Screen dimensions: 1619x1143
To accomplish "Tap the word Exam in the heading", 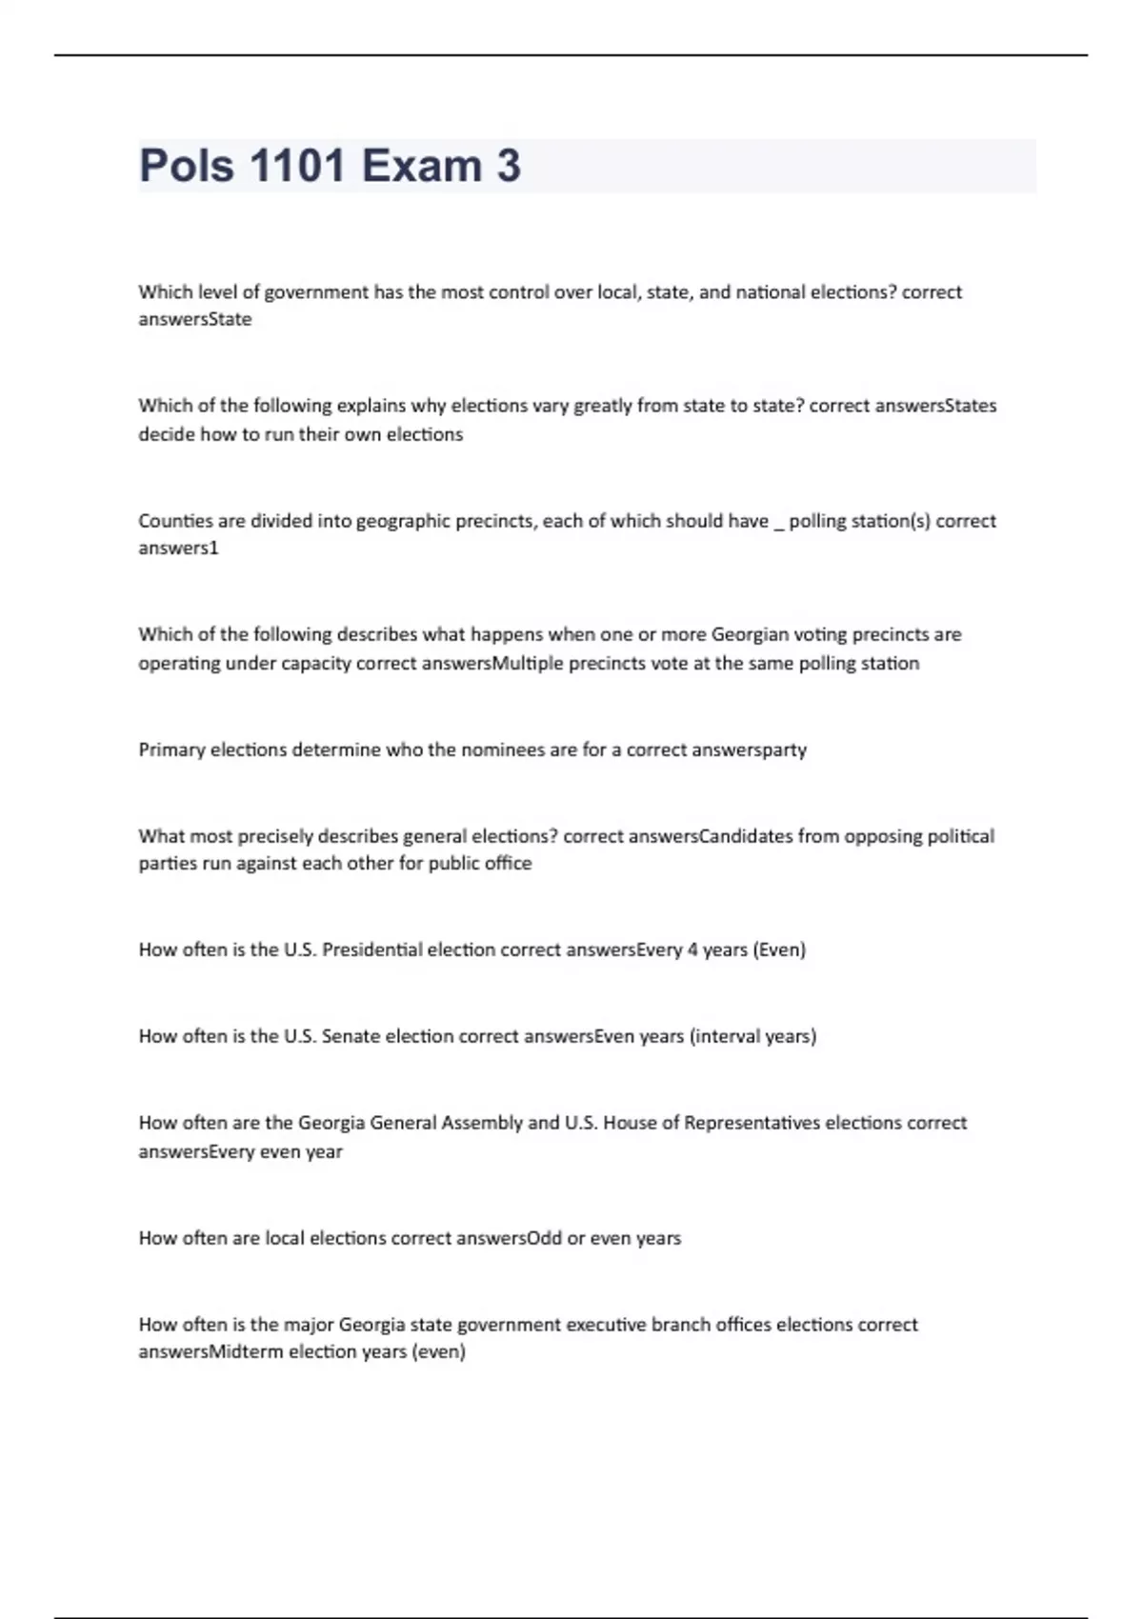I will [x=422, y=166].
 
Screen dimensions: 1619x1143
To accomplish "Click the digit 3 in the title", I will [x=509, y=166].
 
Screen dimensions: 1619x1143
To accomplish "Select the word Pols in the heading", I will [x=187, y=166].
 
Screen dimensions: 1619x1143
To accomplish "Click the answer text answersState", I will [x=195, y=319].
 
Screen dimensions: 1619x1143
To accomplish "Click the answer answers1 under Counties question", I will [x=178, y=548].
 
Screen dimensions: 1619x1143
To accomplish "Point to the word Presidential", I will [x=371, y=949].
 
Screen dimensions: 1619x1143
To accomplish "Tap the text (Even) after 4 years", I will [x=779, y=949].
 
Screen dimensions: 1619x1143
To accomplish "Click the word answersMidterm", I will [x=211, y=1351].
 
